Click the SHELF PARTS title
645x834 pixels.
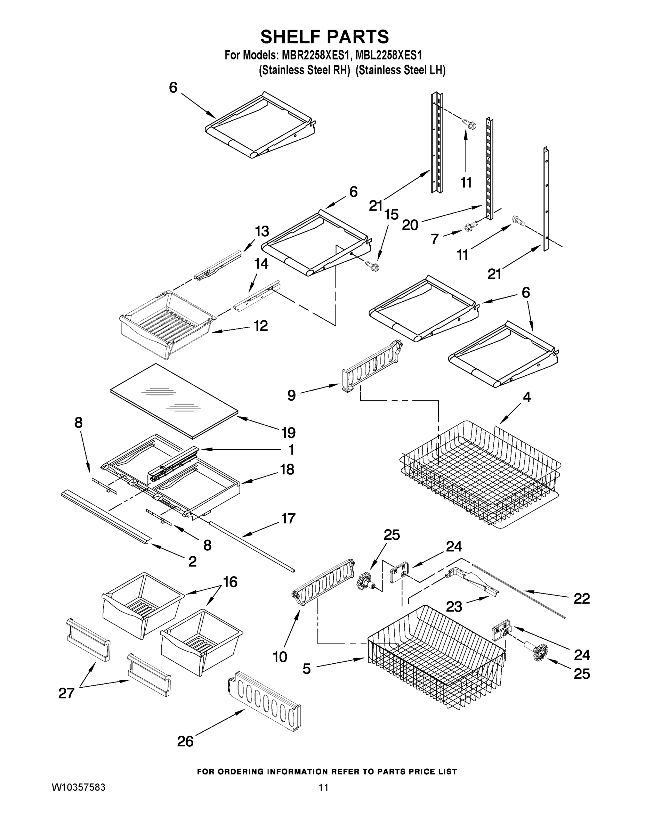tap(324, 37)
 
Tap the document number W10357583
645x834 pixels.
tap(78, 787)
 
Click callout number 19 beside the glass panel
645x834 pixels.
tap(289, 433)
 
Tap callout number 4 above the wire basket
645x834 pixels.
tap(526, 398)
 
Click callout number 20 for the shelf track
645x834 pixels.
tap(410, 225)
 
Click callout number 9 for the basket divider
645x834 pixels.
tap(291, 395)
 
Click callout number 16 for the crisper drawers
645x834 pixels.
tap(230, 582)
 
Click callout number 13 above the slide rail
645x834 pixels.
tap(262, 231)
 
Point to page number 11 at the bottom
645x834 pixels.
tap(323, 787)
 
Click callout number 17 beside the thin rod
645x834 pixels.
tap(288, 518)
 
